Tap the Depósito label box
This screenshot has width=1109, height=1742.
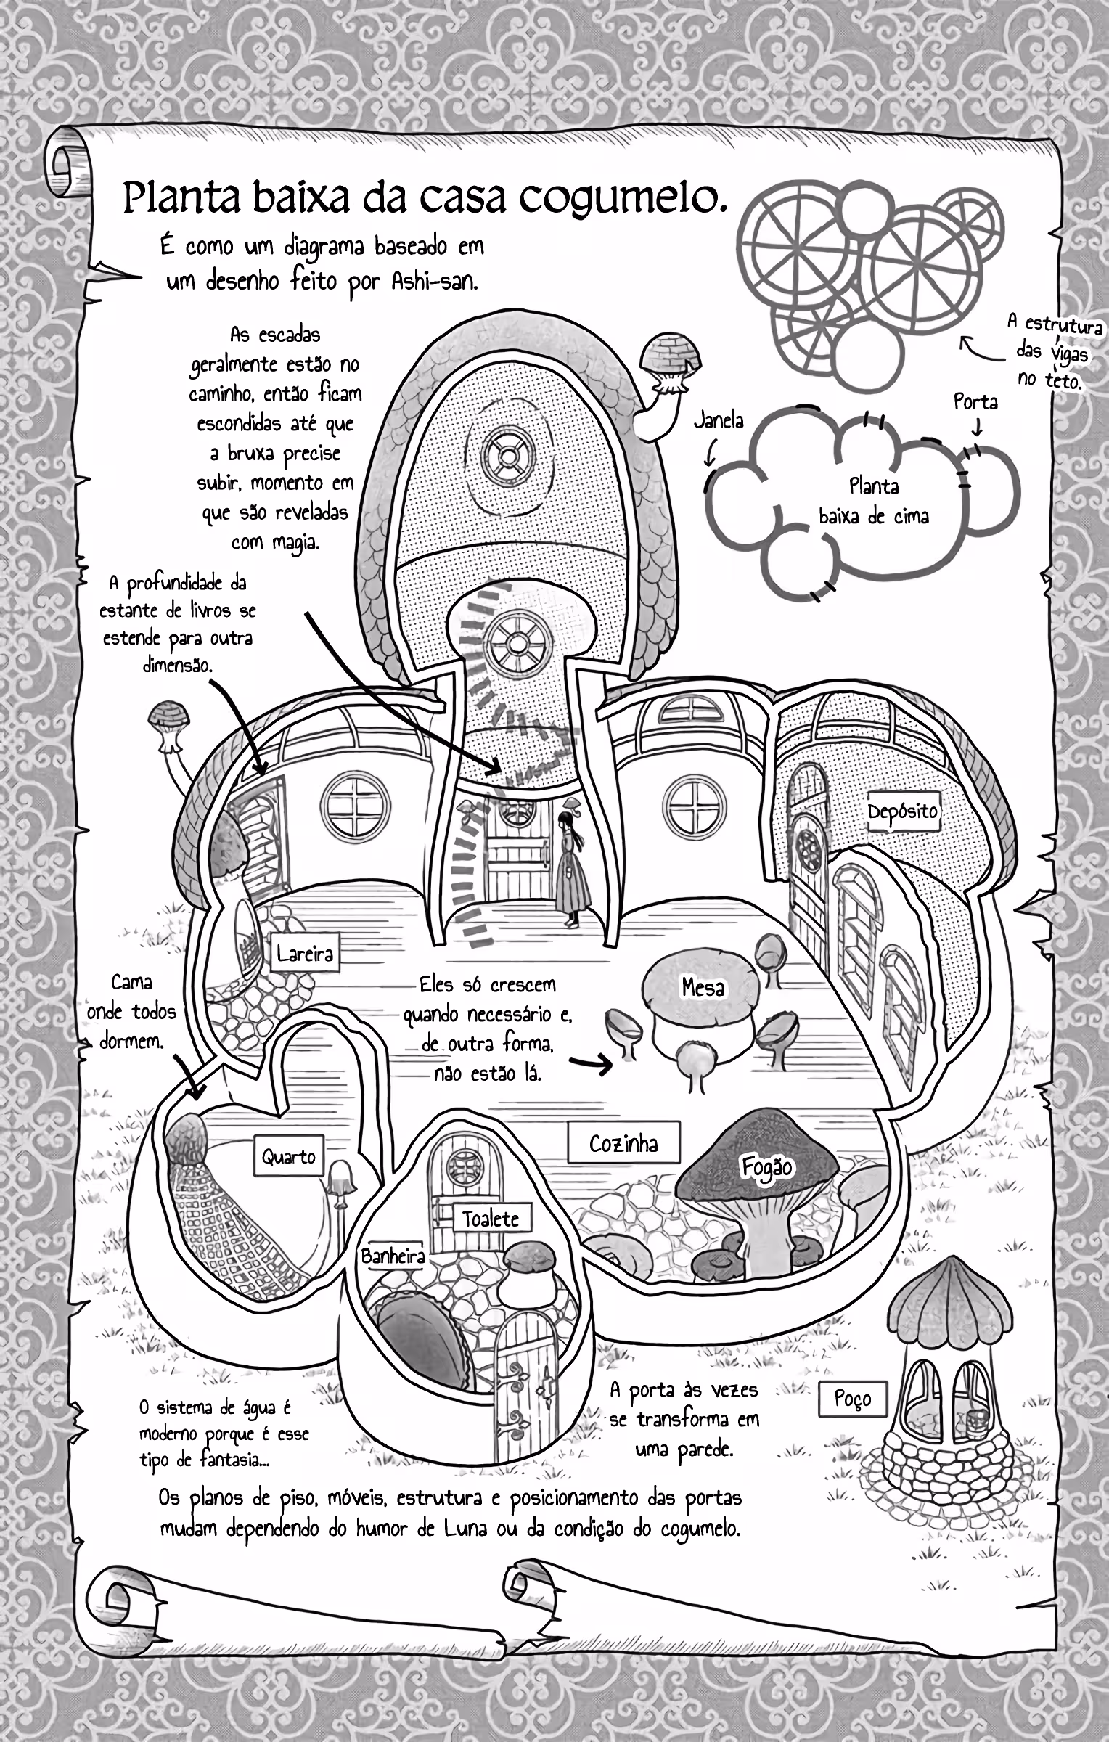coord(904,811)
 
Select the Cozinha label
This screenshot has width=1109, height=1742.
coord(623,1143)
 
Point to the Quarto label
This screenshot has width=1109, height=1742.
coord(289,1156)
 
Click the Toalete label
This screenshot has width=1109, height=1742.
coord(491,1218)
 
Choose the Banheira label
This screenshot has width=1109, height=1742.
coord(393,1256)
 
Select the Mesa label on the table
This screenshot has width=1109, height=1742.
coord(703,988)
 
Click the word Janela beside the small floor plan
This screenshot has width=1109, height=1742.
coord(719,420)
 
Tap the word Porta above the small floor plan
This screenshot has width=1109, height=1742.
coord(975,401)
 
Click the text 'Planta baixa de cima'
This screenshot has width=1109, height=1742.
coord(874,501)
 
